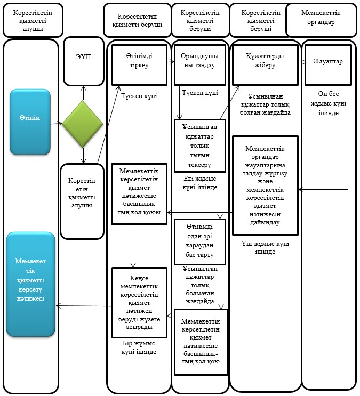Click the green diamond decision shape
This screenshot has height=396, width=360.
pyautogui.click(x=83, y=124)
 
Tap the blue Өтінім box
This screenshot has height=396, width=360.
pyautogui.click(x=30, y=122)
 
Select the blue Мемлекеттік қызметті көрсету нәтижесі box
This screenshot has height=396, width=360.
pyautogui.click(x=30, y=285)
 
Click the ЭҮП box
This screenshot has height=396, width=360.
pyautogui.click(x=84, y=61)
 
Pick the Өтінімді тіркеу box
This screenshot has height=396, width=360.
pyautogui.click(x=139, y=65)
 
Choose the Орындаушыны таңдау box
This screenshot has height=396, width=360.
pyautogui.click(x=199, y=65)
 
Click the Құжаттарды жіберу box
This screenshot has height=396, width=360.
pyautogui.click(x=265, y=65)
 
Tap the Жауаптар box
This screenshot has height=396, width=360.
pyautogui.click(x=328, y=65)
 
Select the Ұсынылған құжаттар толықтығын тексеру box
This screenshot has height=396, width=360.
pyautogui.click(x=199, y=146)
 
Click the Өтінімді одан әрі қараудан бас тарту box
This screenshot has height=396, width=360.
pyautogui.click(x=199, y=241)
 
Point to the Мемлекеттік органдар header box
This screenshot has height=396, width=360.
pyautogui.click(x=321, y=20)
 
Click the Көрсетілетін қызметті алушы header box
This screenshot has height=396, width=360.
pyautogui.click(x=33, y=20)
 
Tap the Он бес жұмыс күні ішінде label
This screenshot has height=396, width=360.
pyautogui.click(x=328, y=103)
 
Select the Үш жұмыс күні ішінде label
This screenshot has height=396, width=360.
pyautogui.click(x=265, y=247)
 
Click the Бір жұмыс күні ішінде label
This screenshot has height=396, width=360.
pyautogui.click(x=139, y=347)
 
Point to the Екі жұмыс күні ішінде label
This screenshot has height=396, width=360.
pyautogui.click(x=199, y=183)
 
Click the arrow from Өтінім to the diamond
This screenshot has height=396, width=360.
pyautogui.click(x=57, y=124)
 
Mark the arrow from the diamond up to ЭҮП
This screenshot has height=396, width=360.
pyautogui.click(x=84, y=93)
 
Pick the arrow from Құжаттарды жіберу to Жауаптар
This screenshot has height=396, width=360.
pyautogui.click(x=302, y=62)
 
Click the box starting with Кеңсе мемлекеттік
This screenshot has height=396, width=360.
pyautogui.click(x=139, y=303)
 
